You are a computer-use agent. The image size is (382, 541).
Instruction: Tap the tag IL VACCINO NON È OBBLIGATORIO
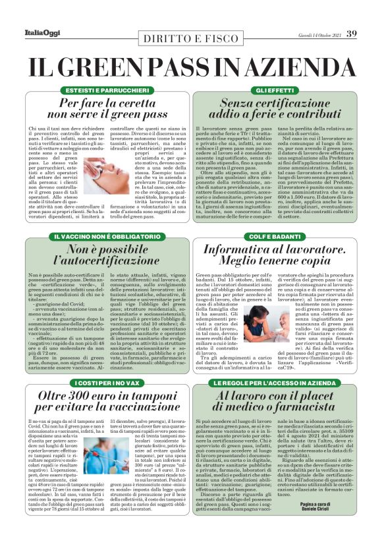(97, 236)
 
